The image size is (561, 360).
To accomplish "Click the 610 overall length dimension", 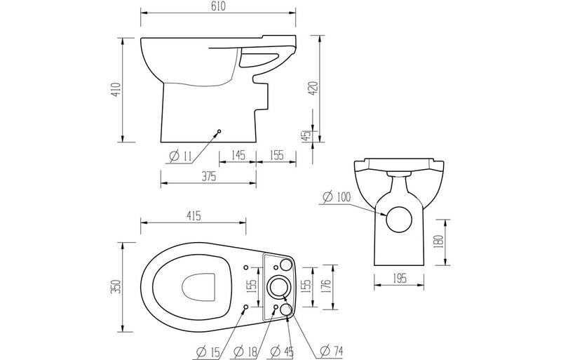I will pos(217,6).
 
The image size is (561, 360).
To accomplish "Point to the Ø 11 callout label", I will pos(177,156).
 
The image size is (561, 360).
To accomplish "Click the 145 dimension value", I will pos(236,156).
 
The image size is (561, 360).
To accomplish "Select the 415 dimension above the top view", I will pos(194,216).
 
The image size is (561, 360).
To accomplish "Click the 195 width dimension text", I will pos(400,279).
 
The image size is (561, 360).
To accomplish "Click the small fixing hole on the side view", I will pos(219,131).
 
